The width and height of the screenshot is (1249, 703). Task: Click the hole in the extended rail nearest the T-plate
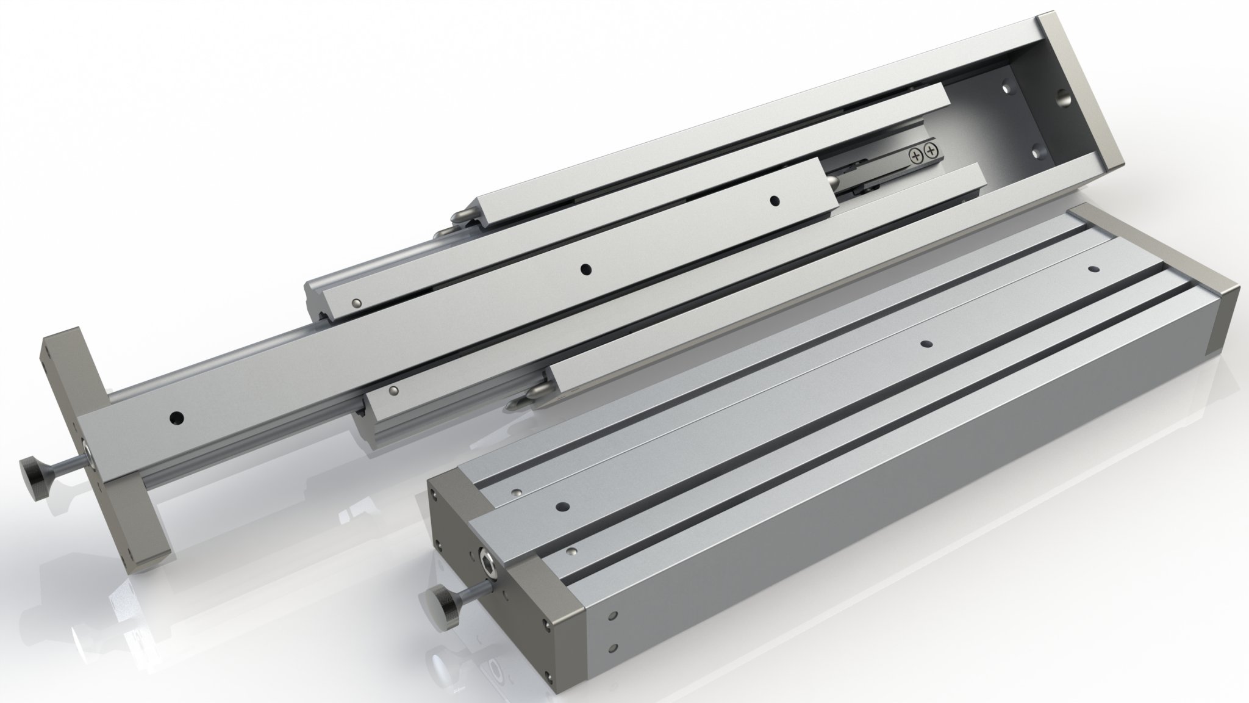(176, 417)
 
